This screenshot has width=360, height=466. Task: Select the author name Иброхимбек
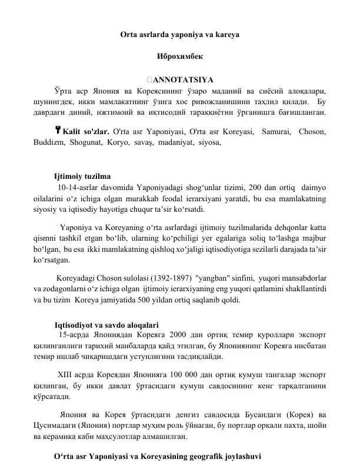[179, 57]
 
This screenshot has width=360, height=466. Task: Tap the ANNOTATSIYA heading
[179, 80]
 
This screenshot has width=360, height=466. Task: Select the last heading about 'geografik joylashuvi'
[155, 456]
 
